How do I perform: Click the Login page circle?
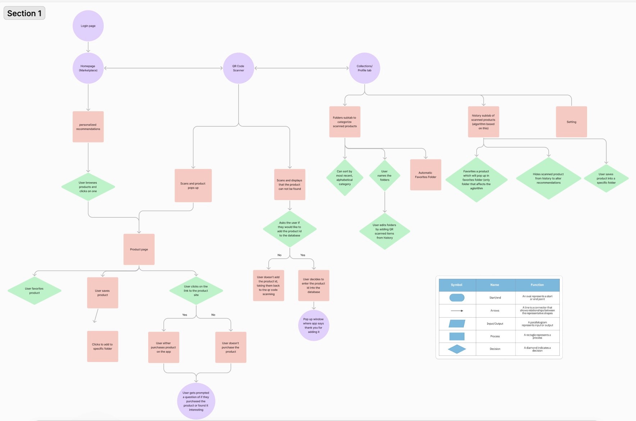pyautogui.click(x=88, y=26)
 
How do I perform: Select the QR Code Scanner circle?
pyautogui.click(x=238, y=68)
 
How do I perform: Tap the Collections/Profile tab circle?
pyautogui.click(x=364, y=68)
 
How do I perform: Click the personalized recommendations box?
pyautogui.click(x=88, y=127)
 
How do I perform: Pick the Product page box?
pyautogui.click(x=139, y=249)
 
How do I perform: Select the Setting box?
pyautogui.click(x=571, y=122)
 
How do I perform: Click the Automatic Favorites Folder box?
pyautogui.click(x=426, y=175)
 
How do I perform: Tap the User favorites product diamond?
pyautogui.click(x=35, y=291)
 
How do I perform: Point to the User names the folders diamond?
pyautogui.click(x=385, y=176)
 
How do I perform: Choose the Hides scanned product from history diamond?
pyautogui.click(x=548, y=178)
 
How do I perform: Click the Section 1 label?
pyautogui.click(x=24, y=13)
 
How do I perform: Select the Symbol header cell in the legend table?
pyautogui.click(x=457, y=285)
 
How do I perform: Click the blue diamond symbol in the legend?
pyautogui.click(x=457, y=349)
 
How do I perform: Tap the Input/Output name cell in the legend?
pyautogui.click(x=495, y=323)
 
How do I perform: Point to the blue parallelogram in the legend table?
pyautogui.click(x=457, y=323)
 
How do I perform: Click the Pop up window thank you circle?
pyautogui.click(x=314, y=325)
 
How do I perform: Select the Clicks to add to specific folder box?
pyautogui.click(x=103, y=347)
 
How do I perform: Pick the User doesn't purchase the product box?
pyautogui.click(x=231, y=347)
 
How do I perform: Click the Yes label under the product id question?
pyautogui.click(x=303, y=255)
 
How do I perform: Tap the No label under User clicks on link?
pyautogui.click(x=213, y=315)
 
